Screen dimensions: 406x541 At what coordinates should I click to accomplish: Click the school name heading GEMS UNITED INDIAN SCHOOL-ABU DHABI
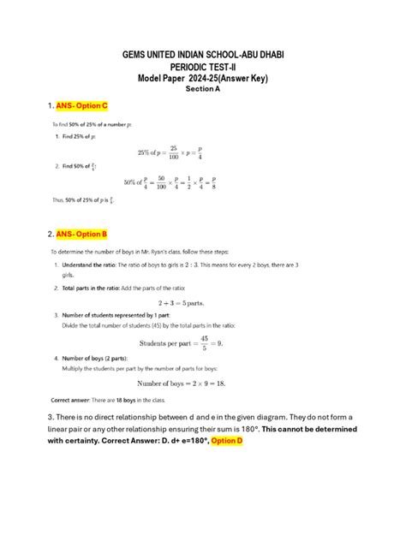pos(203,55)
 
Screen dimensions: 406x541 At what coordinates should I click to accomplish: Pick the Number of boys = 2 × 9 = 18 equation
pos(203,383)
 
